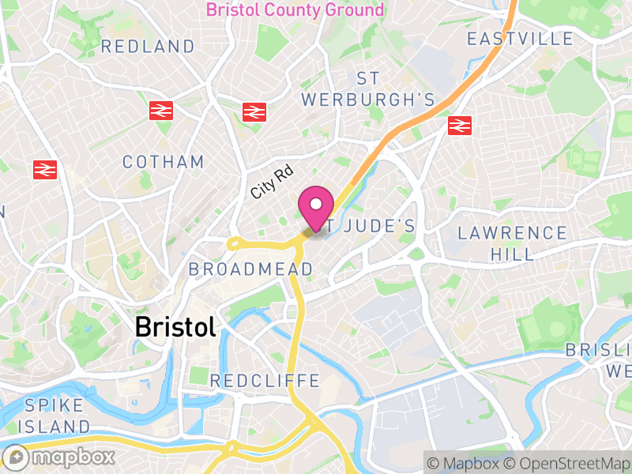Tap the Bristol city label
point(175,325)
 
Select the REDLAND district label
point(148,47)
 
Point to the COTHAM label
point(164,162)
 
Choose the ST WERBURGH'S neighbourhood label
point(368,89)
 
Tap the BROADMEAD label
point(250,269)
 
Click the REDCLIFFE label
point(265,381)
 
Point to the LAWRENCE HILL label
point(513,243)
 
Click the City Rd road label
point(272,182)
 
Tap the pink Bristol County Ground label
point(295,10)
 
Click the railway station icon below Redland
point(161,111)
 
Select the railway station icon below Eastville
point(459,124)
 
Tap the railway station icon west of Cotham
point(45,169)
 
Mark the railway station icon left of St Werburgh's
point(253,111)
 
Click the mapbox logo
point(60,457)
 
